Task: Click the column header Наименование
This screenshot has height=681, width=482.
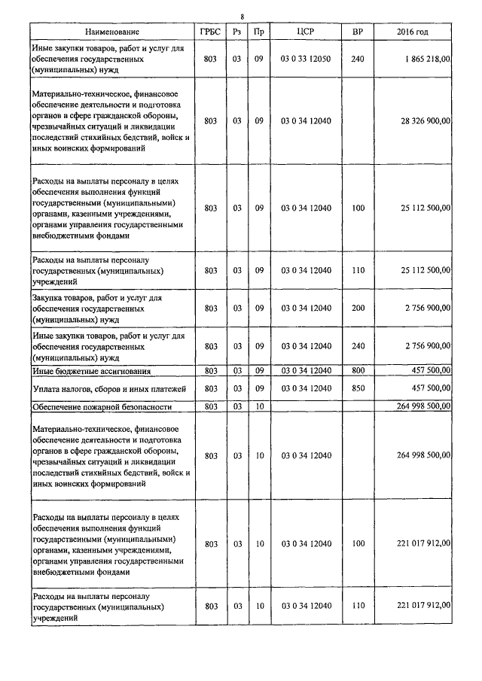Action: tap(112, 32)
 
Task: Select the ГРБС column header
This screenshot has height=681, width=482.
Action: tap(210, 32)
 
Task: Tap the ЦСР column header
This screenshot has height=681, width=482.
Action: tap(305, 32)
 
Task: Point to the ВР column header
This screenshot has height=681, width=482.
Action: tap(357, 32)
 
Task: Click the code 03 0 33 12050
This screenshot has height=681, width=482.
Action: tap(305, 58)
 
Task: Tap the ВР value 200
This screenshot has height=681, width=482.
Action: tap(357, 308)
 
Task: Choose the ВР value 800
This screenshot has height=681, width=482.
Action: tap(357, 371)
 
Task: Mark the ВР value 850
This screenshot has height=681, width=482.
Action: tap(357, 388)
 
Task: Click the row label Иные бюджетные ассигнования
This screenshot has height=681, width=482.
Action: tap(91, 372)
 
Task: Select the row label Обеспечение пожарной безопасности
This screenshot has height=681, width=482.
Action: tap(102, 406)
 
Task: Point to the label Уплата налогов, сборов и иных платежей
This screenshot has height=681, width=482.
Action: tap(108, 388)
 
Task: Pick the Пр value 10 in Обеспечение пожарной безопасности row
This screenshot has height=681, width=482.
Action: tap(258, 406)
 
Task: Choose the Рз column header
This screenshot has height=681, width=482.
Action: tap(236, 32)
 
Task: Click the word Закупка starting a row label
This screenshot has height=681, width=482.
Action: tap(49, 298)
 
